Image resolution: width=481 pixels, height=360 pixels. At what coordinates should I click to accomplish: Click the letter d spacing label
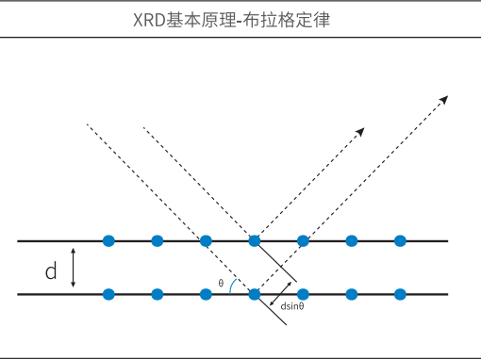pyautogui.click(x=52, y=272)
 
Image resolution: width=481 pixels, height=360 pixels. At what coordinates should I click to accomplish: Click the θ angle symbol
pyautogui.click(x=221, y=283)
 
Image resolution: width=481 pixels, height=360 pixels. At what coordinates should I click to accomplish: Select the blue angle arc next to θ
pyautogui.click(x=232, y=286)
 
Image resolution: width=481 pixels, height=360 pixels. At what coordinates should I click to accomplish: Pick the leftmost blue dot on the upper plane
pyautogui.click(x=108, y=240)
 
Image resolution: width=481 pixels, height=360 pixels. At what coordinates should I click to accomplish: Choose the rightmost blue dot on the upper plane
pyautogui.click(x=400, y=240)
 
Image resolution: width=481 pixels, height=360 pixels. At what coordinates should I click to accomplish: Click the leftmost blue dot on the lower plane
pyautogui.click(x=108, y=294)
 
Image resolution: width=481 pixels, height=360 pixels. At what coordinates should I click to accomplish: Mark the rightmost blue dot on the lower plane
pyautogui.click(x=400, y=294)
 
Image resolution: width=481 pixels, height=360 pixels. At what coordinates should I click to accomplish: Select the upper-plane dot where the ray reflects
pyautogui.click(x=254, y=240)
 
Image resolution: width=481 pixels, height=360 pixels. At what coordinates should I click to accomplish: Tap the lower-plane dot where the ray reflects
pyautogui.click(x=254, y=294)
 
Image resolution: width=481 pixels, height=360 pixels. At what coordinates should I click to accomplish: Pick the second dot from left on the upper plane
pyautogui.click(x=158, y=240)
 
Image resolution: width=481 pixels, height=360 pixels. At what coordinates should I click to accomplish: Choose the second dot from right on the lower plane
pyautogui.click(x=352, y=294)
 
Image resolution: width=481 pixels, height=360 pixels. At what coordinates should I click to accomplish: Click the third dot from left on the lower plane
pyautogui.click(x=206, y=294)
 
